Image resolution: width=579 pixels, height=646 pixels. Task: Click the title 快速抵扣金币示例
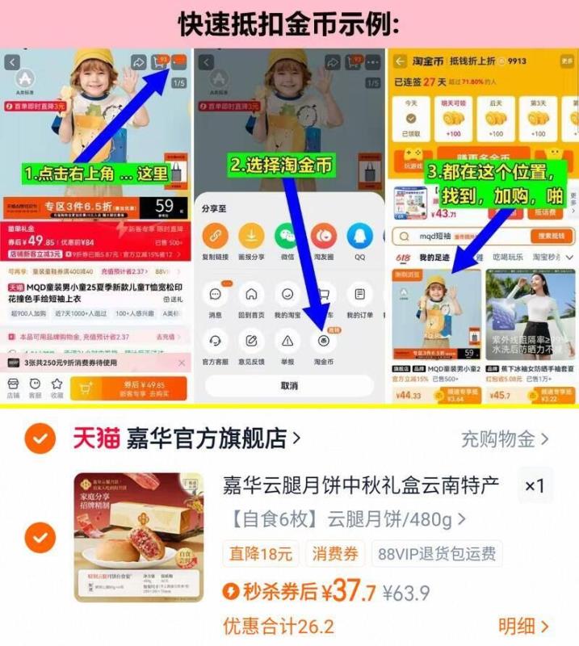(289, 23)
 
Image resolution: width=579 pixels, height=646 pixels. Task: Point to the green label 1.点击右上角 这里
(95, 174)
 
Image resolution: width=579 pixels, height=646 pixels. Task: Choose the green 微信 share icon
(287, 237)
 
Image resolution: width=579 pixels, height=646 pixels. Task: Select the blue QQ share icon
(359, 237)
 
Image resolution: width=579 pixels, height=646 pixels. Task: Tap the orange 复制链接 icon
(215, 237)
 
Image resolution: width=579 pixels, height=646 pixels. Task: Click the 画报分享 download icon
(251, 237)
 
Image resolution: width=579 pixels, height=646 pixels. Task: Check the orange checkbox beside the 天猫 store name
(40, 438)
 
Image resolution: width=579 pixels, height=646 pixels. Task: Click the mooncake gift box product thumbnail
(138, 536)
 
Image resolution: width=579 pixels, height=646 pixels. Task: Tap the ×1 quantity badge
(535, 486)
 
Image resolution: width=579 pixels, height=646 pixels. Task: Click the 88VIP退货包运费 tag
(436, 553)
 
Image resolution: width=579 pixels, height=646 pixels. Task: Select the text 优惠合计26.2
(279, 626)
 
